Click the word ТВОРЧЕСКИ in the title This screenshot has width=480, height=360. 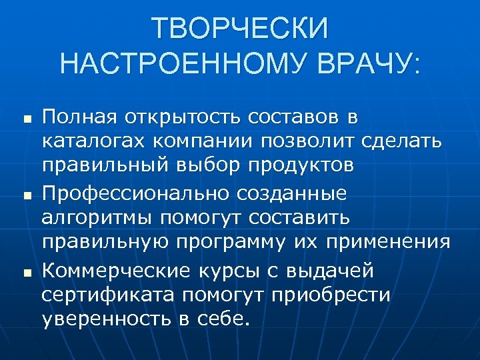tap(240, 29)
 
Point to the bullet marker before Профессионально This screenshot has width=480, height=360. tap(23, 197)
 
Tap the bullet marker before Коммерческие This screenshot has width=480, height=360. tap(23, 273)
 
